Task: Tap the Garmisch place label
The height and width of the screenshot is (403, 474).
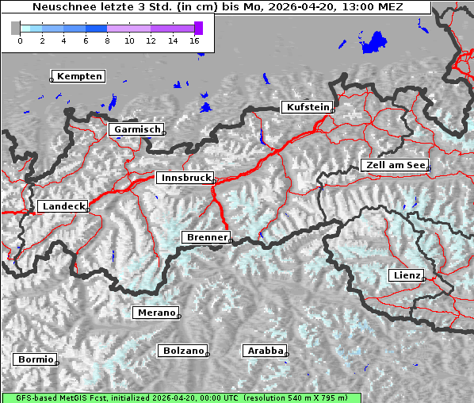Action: pyautogui.click(x=137, y=129)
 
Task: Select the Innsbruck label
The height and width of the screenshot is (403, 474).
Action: pyautogui.click(x=185, y=178)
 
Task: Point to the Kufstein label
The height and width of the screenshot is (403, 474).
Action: pyautogui.click(x=308, y=107)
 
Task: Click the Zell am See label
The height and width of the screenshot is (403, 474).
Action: pyautogui.click(x=395, y=165)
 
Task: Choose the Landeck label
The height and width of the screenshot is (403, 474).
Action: pyautogui.click(x=63, y=206)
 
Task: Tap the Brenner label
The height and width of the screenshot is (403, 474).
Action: pyautogui.click(x=207, y=237)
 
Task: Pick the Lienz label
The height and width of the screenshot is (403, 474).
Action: pyautogui.click(x=407, y=275)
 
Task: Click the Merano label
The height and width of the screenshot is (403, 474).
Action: pyautogui.click(x=156, y=313)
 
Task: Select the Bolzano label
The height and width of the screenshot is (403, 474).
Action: pyautogui.click(x=184, y=351)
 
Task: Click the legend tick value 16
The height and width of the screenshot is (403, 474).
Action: pyautogui.click(x=195, y=40)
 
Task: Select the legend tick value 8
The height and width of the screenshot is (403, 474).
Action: pyautogui.click(x=107, y=40)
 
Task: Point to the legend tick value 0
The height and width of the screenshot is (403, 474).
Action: pyautogui.click(x=20, y=40)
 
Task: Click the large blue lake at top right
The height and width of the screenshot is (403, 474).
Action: pyautogui.click(x=374, y=43)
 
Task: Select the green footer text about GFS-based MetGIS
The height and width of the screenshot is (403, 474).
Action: pyautogui.click(x=181, y=397)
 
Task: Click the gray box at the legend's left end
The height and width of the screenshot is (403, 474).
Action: pyautogui.click(x=15, y=28)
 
